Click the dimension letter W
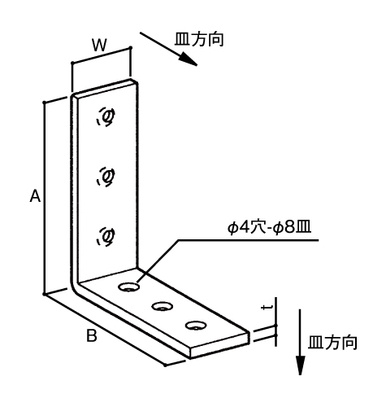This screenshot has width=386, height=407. (x=100, y=45)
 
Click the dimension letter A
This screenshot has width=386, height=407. (x=35, y=196)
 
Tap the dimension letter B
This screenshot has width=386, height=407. (x=92, y=335)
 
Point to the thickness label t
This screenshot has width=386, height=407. (x=267, y=308)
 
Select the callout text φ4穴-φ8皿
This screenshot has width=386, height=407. (x=269, y=228)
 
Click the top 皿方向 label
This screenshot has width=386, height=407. (x=199, y=39)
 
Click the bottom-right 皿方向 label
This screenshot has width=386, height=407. (x=332, y=342)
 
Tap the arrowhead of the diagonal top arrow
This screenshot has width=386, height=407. (x=189, y=59)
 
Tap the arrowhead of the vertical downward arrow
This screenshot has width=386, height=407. (x=300, y=365)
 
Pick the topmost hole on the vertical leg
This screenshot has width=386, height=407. (x=106, y=116)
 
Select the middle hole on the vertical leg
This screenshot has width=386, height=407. (x=106, y=177)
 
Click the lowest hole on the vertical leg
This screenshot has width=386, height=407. (x=106, y=237)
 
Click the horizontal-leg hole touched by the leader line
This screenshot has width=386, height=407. (x=129, y=287)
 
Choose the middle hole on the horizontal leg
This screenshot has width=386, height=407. (x=163, y=306)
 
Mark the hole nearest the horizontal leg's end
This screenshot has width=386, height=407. (x=196, y=325)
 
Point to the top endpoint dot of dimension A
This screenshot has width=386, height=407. (x=44, y=103)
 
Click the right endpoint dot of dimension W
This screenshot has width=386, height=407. (x=131, y=48)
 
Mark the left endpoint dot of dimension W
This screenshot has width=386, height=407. (x=72, y=63)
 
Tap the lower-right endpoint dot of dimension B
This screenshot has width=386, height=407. (x=165, y=365)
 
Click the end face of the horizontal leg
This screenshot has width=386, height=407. (x=220, y=344)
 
